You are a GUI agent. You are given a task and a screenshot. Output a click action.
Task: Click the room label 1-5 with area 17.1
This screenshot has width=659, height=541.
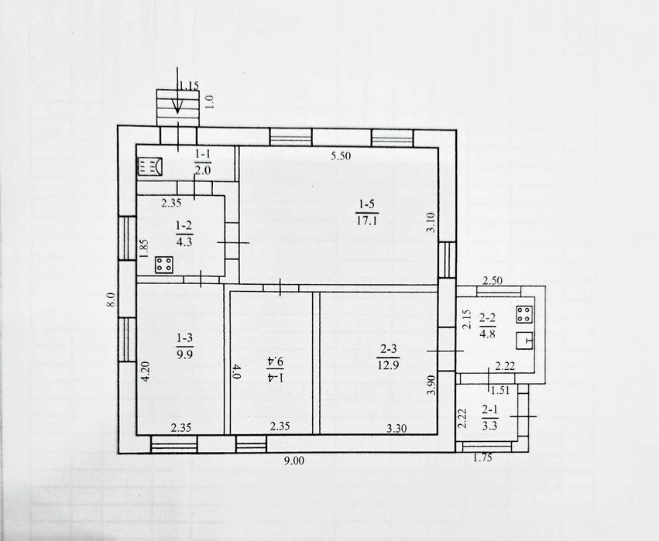[x=366, y=213]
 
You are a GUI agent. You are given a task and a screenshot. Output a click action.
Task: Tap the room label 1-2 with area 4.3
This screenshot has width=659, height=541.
[x=184, y=234]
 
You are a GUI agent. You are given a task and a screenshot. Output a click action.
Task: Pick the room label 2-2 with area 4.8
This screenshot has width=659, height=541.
[x=487, y=326]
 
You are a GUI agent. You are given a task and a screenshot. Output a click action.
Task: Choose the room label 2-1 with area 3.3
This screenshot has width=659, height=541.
[x=489, y=418]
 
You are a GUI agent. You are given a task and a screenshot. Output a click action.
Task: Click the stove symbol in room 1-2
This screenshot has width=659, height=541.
[x=164, y=265]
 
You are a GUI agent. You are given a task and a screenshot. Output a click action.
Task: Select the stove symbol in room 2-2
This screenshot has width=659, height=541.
[x=524, y=314]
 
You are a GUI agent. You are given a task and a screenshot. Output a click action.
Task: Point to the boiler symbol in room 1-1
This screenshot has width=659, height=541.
[x=149, y=166]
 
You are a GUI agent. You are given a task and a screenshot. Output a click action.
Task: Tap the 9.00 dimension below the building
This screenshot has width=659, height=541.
[x=293, y=461]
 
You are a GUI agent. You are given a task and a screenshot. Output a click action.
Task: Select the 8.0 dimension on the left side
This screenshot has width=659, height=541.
[x=111, y=299]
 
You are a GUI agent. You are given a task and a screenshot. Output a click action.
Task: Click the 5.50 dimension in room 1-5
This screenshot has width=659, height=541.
[x=341, y=156]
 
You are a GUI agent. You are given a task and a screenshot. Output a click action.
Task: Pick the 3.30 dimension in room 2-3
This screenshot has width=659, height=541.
[x=396, y=429]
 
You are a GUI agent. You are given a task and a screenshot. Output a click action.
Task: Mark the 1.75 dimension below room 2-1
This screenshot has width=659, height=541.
[x=482, y=458]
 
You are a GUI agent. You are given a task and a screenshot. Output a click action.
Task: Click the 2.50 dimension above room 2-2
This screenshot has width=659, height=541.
[x=493, y=280]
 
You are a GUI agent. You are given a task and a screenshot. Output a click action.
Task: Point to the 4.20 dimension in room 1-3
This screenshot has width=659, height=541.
[x=146, y=372]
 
